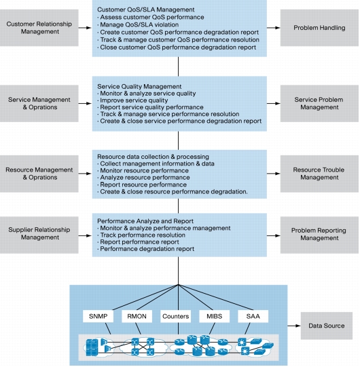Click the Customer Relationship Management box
(x=39, y=28)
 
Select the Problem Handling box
(x=319, y=28)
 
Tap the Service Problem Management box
(x=319, y=103)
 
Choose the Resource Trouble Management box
(x=319, y=174)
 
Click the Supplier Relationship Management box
(x=39, y=235)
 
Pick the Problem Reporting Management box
(x=319, y=235)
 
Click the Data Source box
(x=327, y=326)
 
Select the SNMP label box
(x=98, y=316)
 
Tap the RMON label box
(x=137, y=316)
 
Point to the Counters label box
(x=175, y=316)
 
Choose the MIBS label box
(x=214, y=316)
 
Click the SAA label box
(x=253, y=316)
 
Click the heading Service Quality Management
(x=139, y=86)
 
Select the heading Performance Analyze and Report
(x=145, y=221)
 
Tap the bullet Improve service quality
(x=132, y=100)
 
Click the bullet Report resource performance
(x=142, y=185)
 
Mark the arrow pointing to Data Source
(x=294, y=326)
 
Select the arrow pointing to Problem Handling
(x=274, y=28)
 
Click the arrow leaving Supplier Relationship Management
(x=85, y=235)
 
